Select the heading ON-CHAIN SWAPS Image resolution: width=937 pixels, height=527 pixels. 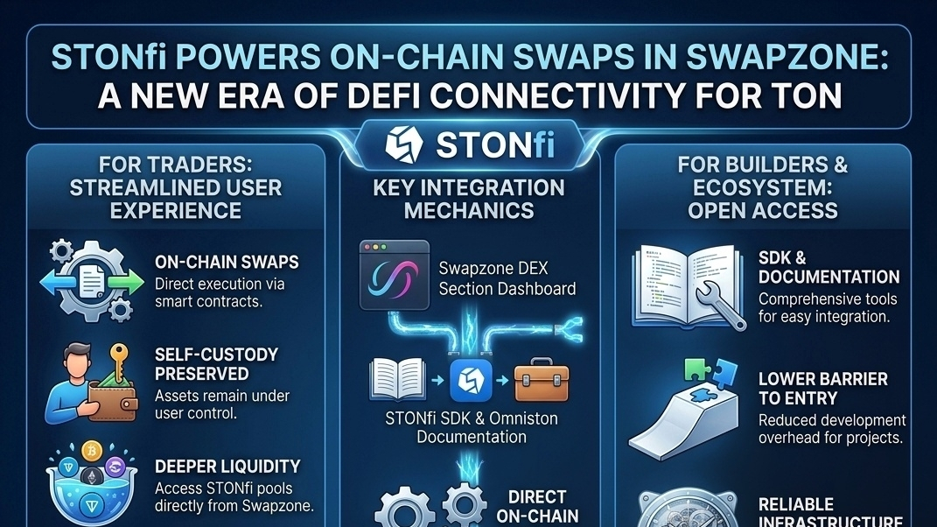tap(226, 262)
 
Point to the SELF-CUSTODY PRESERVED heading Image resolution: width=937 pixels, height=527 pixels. tap(215, 363)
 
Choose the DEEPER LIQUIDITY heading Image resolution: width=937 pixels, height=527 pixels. tap(227, 466)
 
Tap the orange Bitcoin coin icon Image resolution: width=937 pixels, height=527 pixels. tap(90, 453)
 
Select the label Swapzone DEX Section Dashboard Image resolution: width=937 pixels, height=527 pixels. tap(507, 279)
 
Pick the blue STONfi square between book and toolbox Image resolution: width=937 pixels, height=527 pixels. tap(472, 382)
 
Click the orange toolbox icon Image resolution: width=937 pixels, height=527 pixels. tap(540, 382)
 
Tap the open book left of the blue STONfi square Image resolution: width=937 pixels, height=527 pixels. tap(397, 381)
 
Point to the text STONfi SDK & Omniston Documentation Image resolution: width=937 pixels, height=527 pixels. tap(471, 427)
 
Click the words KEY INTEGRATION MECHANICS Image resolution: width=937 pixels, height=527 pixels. tap(469, 199)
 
